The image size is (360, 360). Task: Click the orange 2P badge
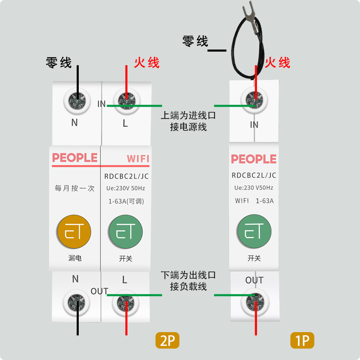click(167, 341)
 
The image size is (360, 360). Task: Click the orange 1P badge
click(302, 341)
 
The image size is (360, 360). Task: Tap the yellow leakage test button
click(74, 233)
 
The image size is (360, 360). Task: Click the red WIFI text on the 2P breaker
click(138, 159)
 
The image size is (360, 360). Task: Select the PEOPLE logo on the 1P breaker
click(253, 159)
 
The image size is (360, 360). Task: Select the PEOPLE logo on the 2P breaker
click(75, 157)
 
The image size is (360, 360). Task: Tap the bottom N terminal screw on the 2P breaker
click(76, 303)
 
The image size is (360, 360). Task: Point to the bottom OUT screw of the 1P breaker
click(255, 303)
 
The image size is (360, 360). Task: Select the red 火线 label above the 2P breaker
click(147, 62)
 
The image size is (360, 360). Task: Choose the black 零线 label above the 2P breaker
click(59, 62)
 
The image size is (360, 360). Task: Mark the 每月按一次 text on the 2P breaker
click(74, 189)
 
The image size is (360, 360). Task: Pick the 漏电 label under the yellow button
click(75, 258)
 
